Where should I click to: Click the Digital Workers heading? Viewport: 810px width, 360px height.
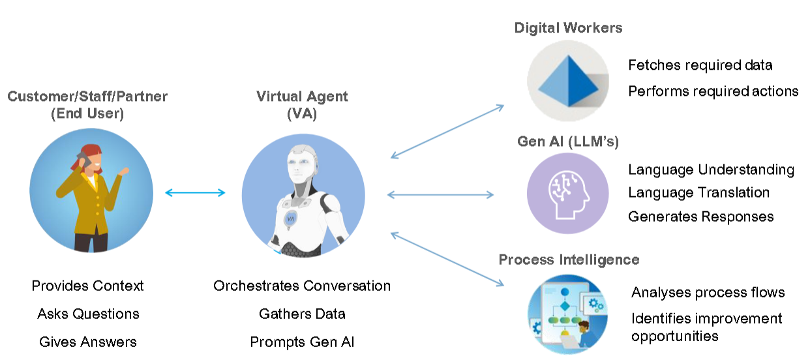(x=568, y=28)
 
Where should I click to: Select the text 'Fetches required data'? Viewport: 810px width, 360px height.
(x=700, y=65)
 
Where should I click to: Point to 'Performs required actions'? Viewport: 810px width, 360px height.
(x=713, y=91)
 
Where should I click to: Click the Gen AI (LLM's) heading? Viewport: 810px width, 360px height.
(x=567, y=142)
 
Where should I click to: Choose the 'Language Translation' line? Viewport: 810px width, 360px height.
(x=698, y=192)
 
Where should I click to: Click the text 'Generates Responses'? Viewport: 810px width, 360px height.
(x=700, y=216)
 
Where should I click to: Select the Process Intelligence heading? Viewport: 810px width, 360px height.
(x=569, y=260)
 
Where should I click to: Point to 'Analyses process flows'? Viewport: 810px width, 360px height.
(x=708, y=292)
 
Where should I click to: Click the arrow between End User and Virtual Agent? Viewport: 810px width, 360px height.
(x=195, y=192)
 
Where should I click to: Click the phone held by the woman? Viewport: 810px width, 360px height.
(x=82, y=159)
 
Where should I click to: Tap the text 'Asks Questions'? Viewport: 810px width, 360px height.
(x=88, y=314)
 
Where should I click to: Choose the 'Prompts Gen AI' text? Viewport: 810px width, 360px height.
(x=302, y=342)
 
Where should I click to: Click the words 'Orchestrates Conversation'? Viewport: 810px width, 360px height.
(x=302, y=286)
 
